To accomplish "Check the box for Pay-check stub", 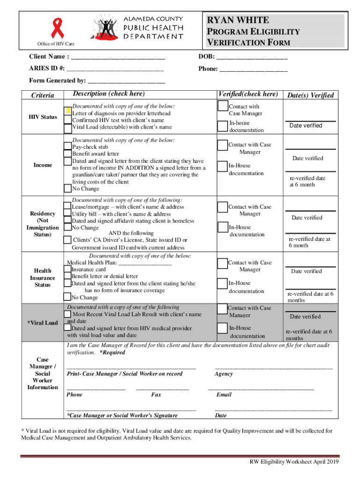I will (x=68, y=147).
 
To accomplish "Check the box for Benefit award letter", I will (x=68, y=154).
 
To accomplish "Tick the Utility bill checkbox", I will (x=68, y=214).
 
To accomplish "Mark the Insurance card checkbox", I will (x=68, y=269).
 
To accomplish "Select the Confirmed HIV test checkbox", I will (x=68, y=120).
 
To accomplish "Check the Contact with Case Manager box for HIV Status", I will (x=223, y=107).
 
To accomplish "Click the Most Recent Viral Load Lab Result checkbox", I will (x=68, y=314).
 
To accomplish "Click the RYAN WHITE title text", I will (x=238, y=20).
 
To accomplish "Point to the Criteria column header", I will (x=43, y=95).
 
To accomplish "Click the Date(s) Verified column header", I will (x=310, y=95).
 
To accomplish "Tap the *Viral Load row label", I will (x=43, y=323).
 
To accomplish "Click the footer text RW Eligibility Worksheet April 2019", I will (x=294, y=462).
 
